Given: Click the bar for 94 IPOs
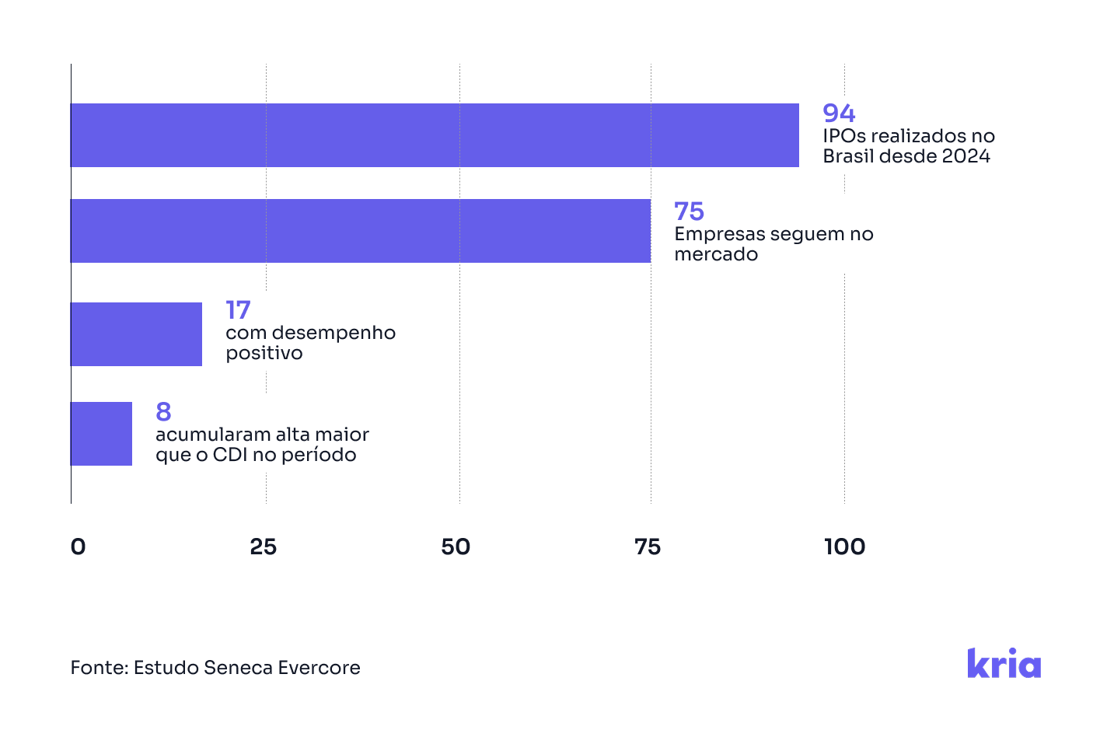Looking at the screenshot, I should pos(435,135).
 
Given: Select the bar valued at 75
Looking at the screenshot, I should pos(360,231).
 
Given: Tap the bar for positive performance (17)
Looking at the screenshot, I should pos(136,334).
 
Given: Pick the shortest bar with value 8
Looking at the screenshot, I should pos(101,434).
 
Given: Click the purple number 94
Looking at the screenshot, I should pos(839,114).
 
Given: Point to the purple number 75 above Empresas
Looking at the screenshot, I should pos(689,211).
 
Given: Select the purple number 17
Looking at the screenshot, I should pos(238,310).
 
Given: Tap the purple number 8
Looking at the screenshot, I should pos(163,411).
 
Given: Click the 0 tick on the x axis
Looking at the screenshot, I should pos(78,547).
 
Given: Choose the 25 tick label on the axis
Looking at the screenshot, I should pos(264,547).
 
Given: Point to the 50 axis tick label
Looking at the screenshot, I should pos(456,547).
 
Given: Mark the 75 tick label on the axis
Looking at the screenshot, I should pos(648,547).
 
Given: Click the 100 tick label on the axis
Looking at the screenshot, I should pos(844,547).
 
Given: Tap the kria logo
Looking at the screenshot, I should pos(1004,663).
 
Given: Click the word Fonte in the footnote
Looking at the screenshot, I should pos(98,668).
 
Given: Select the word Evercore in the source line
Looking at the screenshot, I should pos(319,668).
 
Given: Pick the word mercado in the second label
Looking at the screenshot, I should pos(716,254).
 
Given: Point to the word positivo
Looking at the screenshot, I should pos(264,353).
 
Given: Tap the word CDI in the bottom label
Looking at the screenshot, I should pos(230,455).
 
